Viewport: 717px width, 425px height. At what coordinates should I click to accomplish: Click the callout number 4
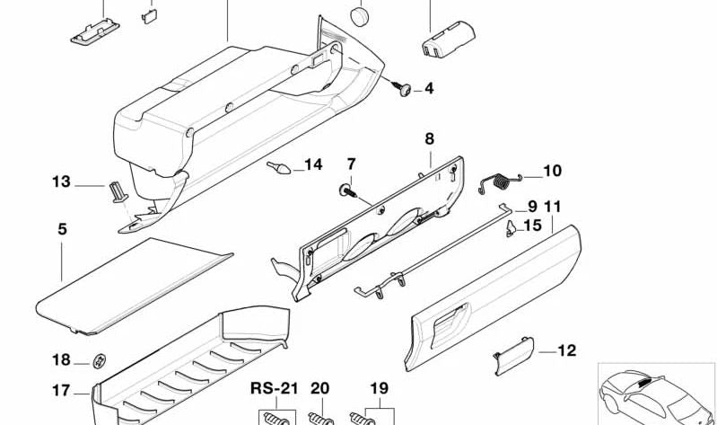pos(429,88)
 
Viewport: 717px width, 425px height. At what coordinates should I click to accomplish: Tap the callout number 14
pos(312,164)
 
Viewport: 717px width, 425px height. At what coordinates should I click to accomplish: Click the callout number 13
pos(60,182)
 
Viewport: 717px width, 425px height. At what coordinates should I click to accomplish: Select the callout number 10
pos(552,170)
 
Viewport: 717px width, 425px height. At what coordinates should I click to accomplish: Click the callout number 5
pos(62,229)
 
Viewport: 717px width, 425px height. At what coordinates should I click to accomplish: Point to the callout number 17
pos(60,391)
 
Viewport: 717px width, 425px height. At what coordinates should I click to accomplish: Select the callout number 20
pos(320,389)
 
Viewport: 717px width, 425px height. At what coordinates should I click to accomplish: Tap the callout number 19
pos(379,389)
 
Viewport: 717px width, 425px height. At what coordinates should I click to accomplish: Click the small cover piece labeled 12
pos(513,353)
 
